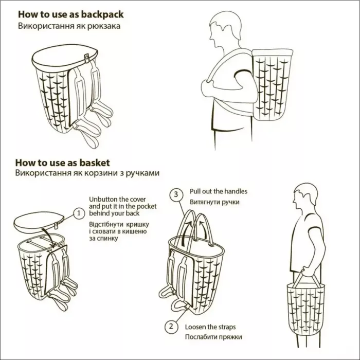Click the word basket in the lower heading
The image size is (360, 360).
coord(95,163)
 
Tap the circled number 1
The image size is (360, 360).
coord(79,213)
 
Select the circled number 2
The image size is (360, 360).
coord(171,326)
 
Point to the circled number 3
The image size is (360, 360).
coord(176,194)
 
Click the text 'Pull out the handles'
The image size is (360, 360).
coord(219,191)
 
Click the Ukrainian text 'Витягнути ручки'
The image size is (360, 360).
coord(214,202)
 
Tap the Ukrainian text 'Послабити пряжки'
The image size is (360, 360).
coord(213,337)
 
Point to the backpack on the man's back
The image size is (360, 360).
coord(272,84)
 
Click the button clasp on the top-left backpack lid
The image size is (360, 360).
coord(87,58)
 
